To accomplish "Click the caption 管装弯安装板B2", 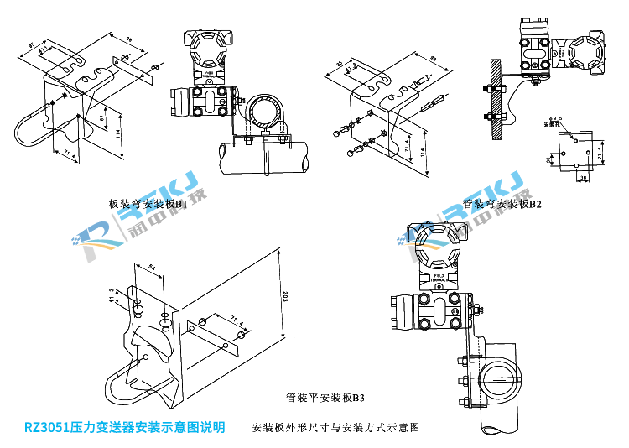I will point(502,204).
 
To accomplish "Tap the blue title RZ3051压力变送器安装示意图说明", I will point(124,427).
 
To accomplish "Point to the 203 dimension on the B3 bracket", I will point(286,295).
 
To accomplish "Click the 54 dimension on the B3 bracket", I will point(152,268).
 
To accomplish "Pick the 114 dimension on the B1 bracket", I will point(120,134).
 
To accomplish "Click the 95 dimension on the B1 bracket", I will point(32,43).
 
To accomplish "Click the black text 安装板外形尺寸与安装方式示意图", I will point(335,428).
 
